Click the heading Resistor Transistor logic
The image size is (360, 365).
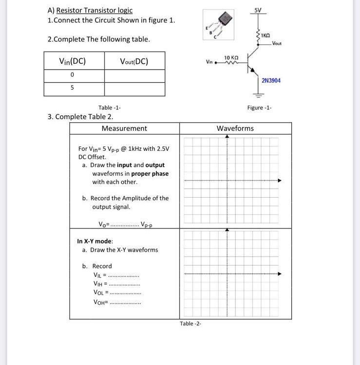[x=94, y=10]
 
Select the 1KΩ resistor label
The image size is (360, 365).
[x=265, y=36]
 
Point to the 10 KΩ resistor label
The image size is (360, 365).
[x=230, y=58]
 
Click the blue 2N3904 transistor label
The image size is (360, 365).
[x=271, y=80]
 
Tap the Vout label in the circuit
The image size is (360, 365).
[x=277, y=43]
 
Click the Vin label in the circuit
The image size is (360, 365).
[x=209, y=62]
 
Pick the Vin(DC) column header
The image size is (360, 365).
[x=72, y=61]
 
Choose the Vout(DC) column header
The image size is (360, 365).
[x=134, y=61]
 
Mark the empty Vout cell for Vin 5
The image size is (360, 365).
[x=134, y=89]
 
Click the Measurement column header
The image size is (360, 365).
[x=124, y=128]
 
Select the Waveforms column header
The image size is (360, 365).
[x=235, y=128]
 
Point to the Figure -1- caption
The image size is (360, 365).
[x=259, y=108]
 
